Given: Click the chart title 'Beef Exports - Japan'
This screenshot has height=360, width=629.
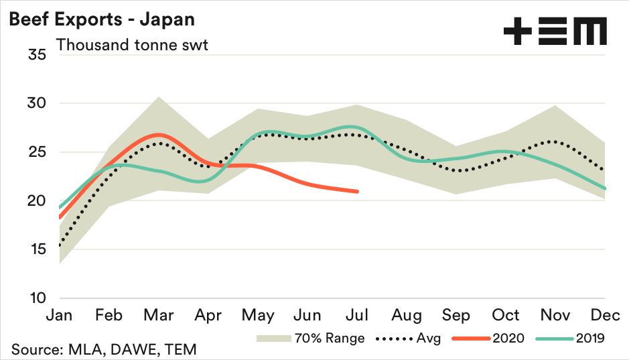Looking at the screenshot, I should [x=101, y=19].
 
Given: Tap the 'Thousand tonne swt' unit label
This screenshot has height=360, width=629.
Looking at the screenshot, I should [x=132, y=45].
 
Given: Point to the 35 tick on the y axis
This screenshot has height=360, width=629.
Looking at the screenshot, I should [x=37, y=54].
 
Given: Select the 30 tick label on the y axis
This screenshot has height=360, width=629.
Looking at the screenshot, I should [x=37, y=103].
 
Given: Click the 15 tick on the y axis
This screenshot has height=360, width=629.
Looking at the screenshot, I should [x=37, y=249].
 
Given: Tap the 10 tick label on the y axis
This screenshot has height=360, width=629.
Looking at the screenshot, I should [x=37, y=298].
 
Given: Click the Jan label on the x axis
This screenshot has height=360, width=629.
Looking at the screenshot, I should [x=60, y=315].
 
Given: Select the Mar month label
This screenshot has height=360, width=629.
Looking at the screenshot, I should [x=159, y=315].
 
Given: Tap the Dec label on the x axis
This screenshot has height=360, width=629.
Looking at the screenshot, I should [x=605, y=315].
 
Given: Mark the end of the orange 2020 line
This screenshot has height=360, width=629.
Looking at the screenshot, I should [x=357, y=191].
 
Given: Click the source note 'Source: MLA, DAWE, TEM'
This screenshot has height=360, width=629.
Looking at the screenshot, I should [x=103, y=349].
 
